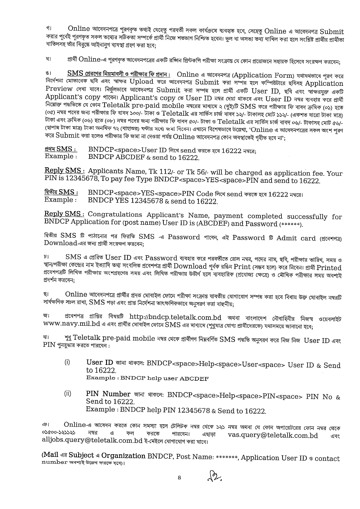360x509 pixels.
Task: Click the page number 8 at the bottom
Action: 179,478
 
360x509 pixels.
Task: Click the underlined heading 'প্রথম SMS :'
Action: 61,149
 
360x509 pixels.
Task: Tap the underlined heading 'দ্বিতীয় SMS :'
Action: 61,192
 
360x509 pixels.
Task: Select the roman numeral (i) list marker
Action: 67,362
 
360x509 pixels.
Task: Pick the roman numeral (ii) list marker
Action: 68,394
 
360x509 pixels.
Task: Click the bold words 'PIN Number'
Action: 108,394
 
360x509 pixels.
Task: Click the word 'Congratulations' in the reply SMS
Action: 115,215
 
